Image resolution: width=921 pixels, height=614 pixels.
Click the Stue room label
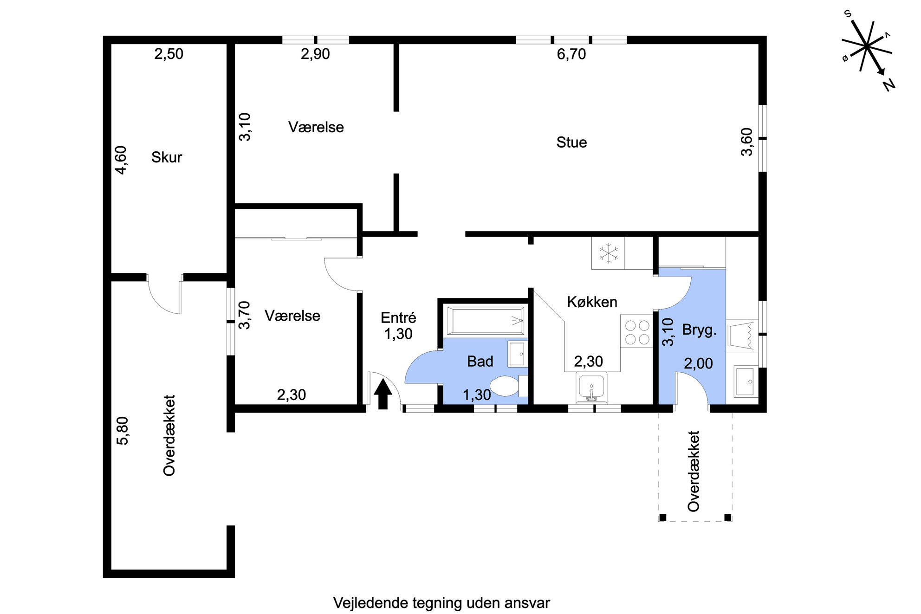point(571,142)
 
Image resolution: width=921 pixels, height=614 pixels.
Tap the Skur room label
point(167,157)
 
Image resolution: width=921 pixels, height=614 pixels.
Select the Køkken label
point(592,302)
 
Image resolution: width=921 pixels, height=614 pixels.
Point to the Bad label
point(480,361)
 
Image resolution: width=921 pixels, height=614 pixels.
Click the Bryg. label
point(699,330)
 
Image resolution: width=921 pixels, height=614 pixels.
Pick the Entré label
point(398,317)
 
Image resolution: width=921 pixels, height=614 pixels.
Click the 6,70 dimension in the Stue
point(571,54)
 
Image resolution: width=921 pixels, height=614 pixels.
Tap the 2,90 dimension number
point(315,54)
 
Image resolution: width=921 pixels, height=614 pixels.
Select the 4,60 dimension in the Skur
point(121,160)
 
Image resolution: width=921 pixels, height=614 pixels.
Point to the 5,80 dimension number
point(123,431)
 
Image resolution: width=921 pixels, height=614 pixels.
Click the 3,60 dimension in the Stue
point(746,142)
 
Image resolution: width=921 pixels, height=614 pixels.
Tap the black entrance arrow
point(383,394)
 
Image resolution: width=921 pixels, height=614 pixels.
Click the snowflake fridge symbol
point(609,253)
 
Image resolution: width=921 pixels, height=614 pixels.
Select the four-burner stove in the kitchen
point(637,332)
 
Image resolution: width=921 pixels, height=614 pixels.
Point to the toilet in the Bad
point(508,386)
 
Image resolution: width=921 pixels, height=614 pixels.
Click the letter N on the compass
point(889,85)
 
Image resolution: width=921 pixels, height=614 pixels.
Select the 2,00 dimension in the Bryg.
point(698,363)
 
